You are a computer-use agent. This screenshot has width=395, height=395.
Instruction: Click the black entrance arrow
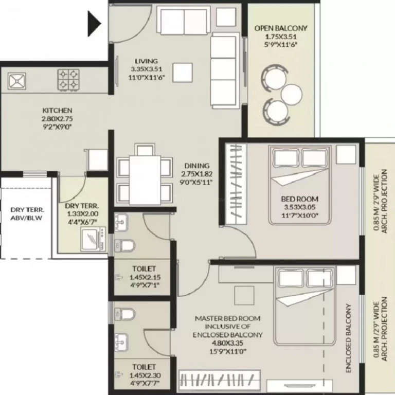point(94,24)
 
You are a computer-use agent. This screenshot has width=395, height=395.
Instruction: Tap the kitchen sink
point(17,81)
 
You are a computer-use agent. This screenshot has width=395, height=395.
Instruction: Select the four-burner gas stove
point(68,80)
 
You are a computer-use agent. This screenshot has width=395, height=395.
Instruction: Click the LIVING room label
point(147,61)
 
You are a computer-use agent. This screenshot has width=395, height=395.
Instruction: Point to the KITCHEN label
point(57,111)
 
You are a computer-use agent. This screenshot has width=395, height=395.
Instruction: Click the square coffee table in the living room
point(183,73)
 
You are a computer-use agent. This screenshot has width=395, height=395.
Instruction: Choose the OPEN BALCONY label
point(281,28)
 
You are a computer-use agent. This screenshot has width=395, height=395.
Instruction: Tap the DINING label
point(197,166)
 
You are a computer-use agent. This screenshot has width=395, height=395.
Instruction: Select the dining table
point(145,180)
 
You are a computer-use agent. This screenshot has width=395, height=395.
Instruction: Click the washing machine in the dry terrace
point(93,239)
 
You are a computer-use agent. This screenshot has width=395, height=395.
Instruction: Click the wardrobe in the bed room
point(236,184)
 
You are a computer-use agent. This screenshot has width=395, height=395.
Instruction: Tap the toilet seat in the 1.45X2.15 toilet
point(124,245)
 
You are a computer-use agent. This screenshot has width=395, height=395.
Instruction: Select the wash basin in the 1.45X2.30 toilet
point(121,342)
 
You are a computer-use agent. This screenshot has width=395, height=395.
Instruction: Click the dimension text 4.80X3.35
point(227,343)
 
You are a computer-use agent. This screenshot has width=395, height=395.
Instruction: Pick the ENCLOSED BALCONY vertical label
point(348,338)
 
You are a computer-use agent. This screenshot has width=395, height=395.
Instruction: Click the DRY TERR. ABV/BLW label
point(27,214)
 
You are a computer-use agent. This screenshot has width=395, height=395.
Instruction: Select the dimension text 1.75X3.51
point(281,37)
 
